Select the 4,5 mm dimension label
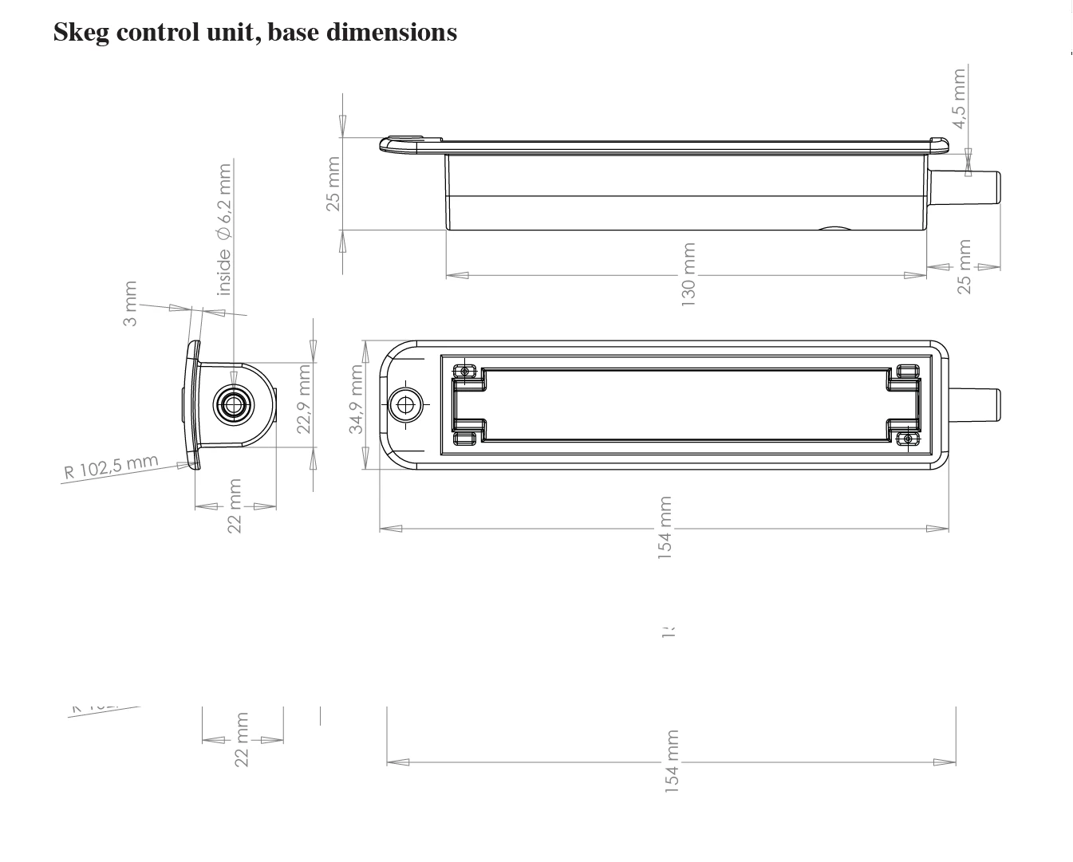[959, 97]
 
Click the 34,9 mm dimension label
[356, 400]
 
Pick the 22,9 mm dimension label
[304, 399]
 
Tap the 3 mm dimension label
[130, 303]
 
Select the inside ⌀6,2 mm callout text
[225, 230]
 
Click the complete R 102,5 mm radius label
[111, 467]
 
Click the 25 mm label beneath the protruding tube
[964, 266]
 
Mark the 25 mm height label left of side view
[333, 183]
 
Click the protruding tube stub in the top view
[974, 404]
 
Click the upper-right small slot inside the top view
[908, 371]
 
